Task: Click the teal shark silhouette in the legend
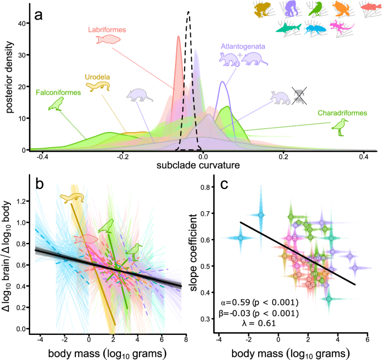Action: [x=287, y=27]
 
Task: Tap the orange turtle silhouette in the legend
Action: [x=341, y=8]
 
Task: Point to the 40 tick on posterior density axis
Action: [x=23, y=23]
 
